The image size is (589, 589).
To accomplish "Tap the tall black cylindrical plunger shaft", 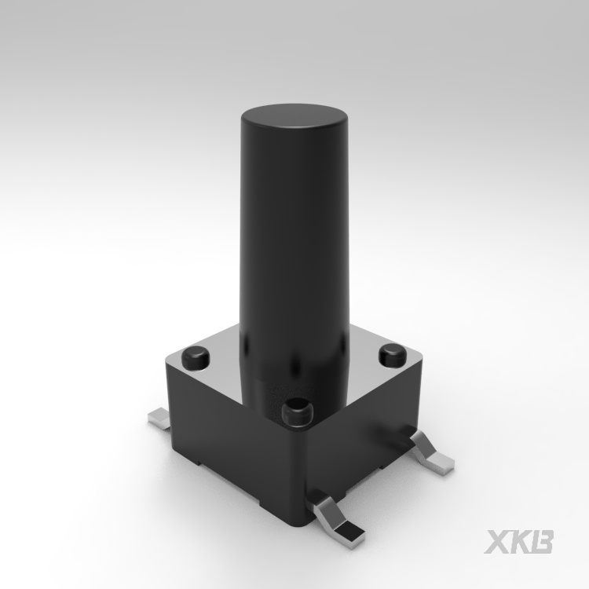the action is [294, 263].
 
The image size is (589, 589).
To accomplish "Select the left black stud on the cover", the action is [196, 358].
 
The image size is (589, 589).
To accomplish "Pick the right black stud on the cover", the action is [393, 355].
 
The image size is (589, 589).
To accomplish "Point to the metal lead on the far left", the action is [160, 419].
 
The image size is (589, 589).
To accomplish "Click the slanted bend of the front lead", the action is [325, 511].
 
